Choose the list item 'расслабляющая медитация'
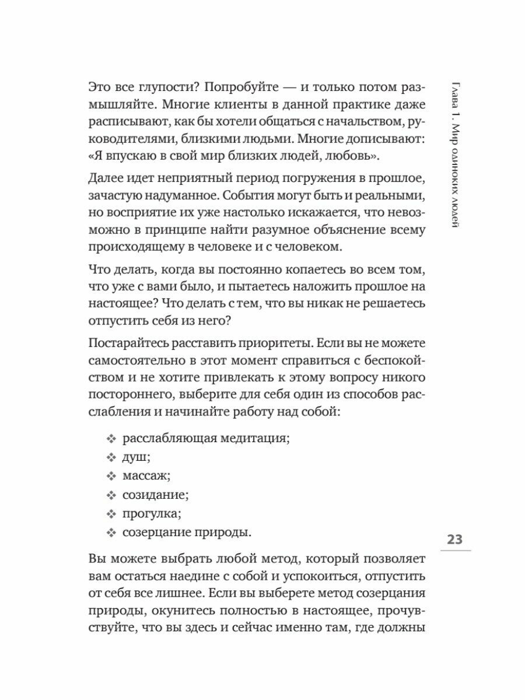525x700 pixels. click(x=206, y=439)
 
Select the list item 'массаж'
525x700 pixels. click(x=146, y=477)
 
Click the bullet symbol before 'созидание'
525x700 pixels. click(x=112, y=496)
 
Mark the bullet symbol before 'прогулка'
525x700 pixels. click(x=112, y=514)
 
